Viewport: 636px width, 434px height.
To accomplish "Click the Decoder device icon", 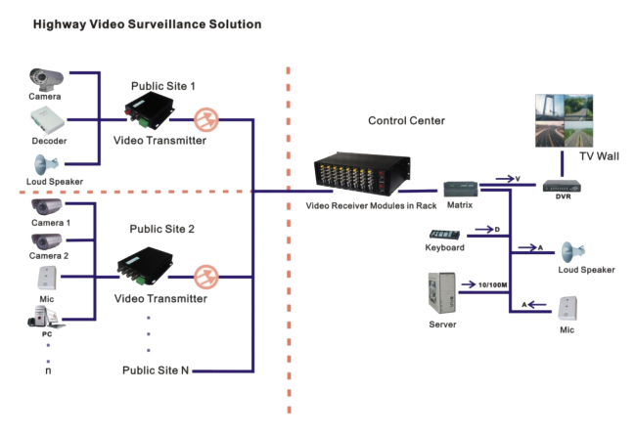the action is (47, 120).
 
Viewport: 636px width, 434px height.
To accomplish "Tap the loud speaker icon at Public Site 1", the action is (46, 165).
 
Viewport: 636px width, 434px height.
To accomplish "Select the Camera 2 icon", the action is (47, 241).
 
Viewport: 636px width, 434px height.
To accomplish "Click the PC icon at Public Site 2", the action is (45, 318).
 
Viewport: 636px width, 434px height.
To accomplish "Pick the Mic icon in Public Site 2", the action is (47, 278).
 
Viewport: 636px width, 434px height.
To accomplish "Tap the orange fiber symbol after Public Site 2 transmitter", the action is (206, 278).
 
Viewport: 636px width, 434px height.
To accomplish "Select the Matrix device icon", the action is (461, 190).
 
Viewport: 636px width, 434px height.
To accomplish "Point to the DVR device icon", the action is (562, 186).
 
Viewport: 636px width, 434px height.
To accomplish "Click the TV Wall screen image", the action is (564, 121).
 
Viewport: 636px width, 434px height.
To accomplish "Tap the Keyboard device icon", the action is (444, 235).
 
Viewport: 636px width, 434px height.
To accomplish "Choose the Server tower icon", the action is (442, 293).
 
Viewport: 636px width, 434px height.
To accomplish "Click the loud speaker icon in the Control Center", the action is (572, 252).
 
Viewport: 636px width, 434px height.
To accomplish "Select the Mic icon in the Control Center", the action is (568, 309).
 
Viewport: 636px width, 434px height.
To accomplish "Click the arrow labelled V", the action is (505, 178).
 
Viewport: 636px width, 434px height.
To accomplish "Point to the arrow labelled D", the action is (484, 230).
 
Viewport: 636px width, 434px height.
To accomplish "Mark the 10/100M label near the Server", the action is (492, 284).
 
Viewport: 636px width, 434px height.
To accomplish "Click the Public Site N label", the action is (156, 370).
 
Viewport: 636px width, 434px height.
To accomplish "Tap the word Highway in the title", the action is (60, 24).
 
